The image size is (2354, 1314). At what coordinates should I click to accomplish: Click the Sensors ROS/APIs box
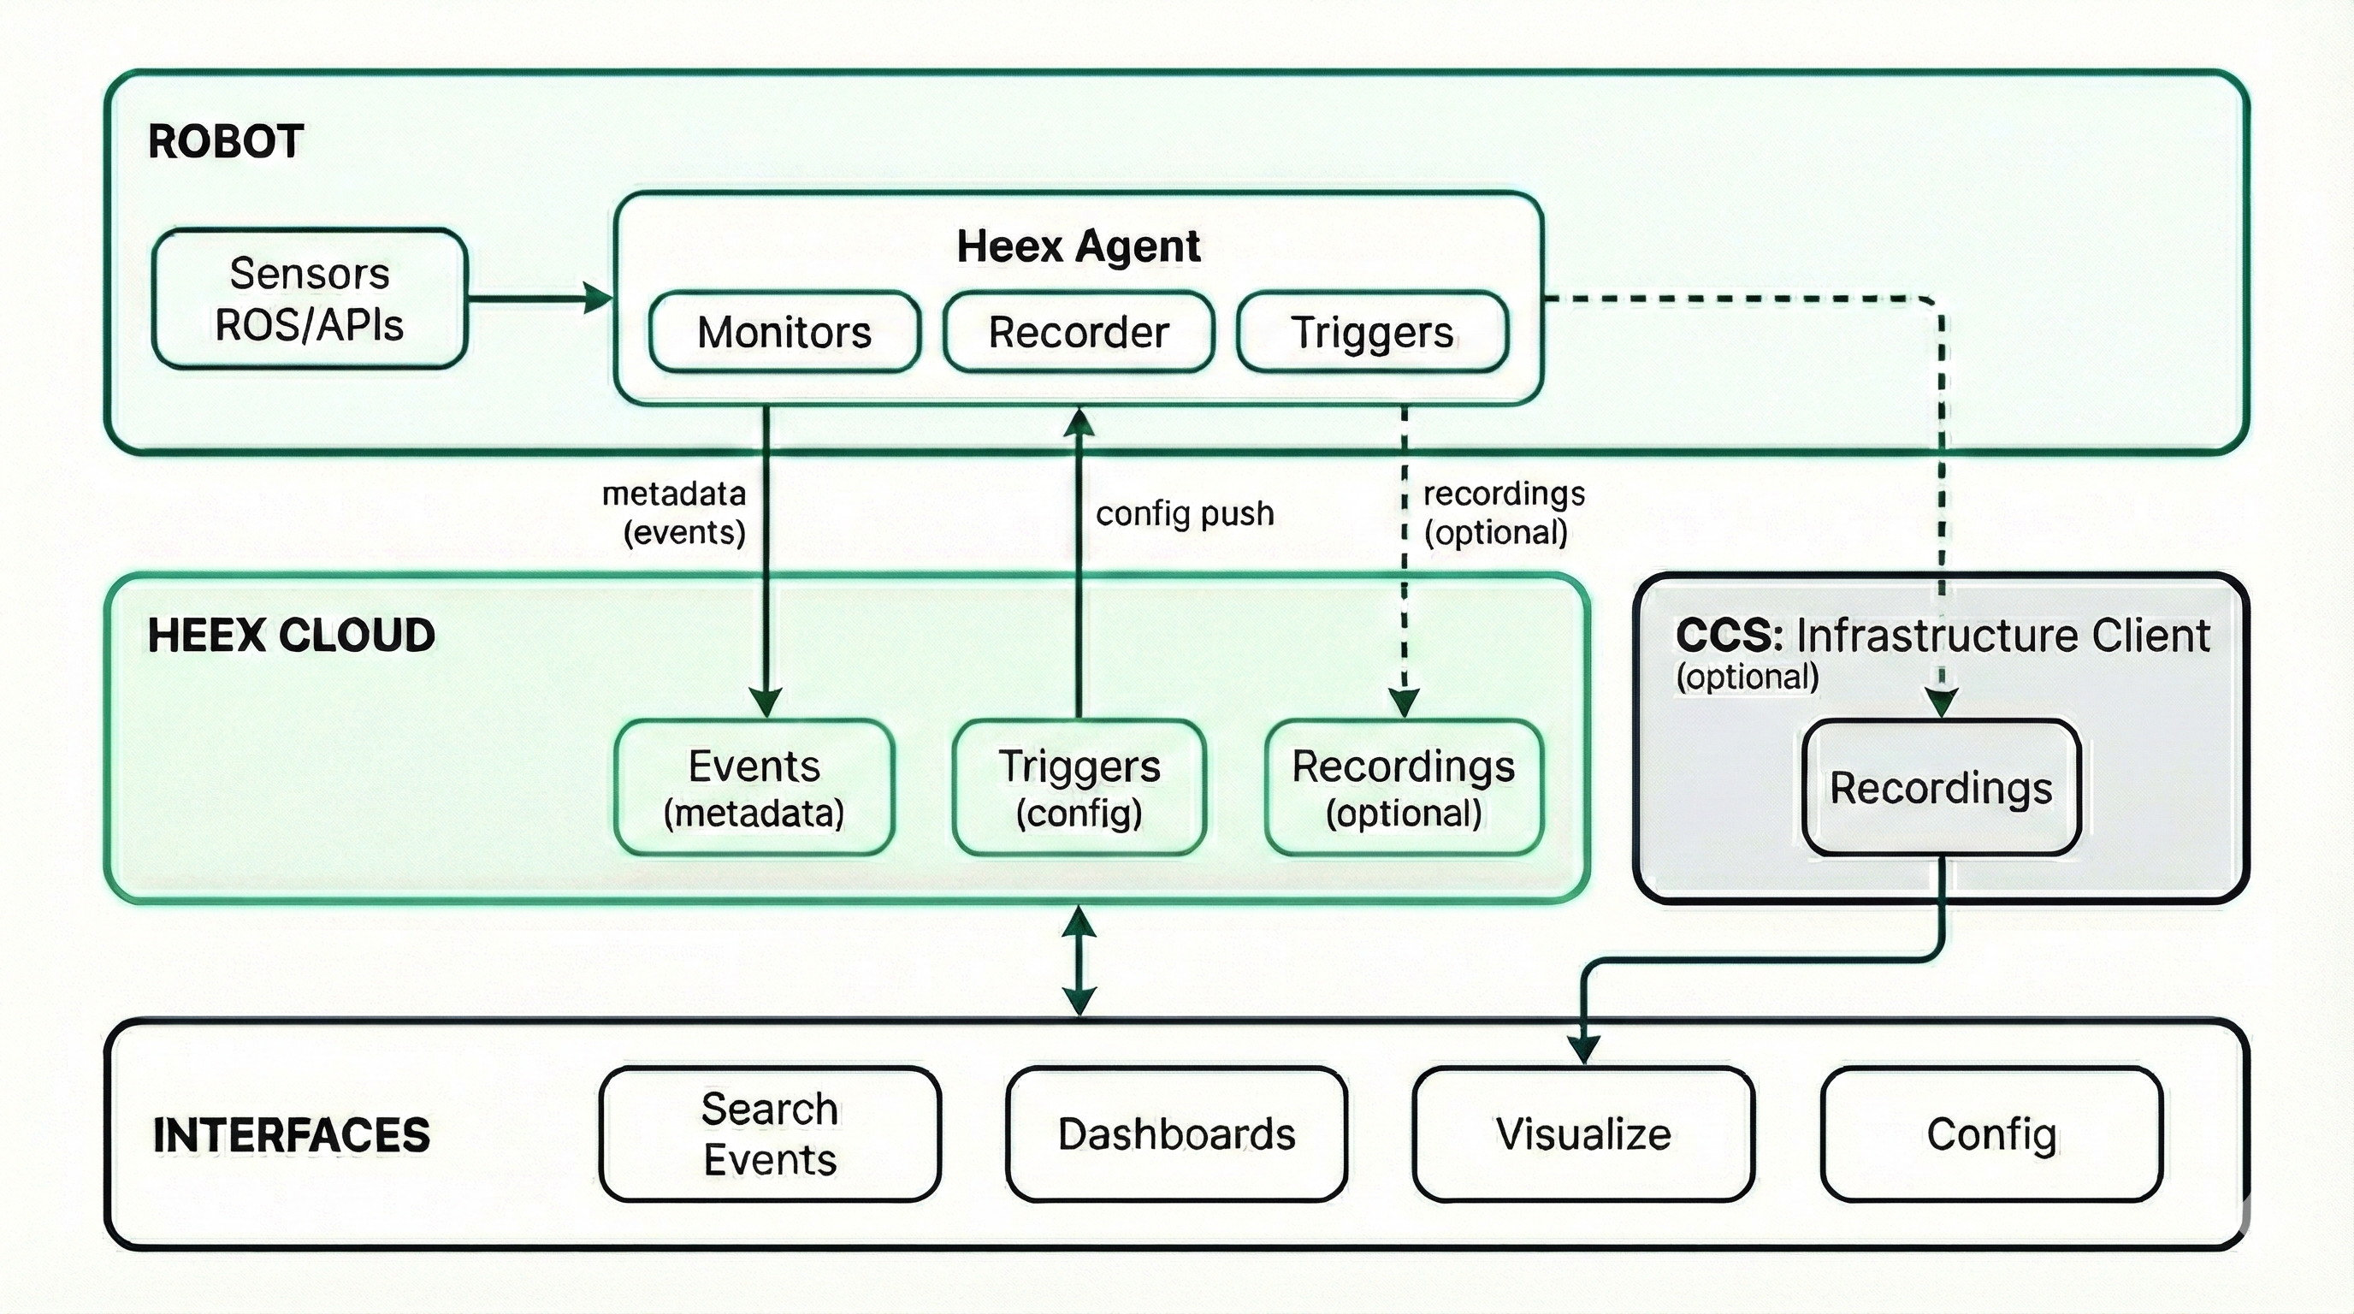click(x=309, y=299)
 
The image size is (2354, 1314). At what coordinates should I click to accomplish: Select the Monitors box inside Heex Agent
click(x=784, y=332)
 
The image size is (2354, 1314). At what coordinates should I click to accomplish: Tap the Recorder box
click(x=1079, y=332)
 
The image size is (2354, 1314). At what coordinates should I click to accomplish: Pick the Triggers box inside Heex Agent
click(x=1372, y=332)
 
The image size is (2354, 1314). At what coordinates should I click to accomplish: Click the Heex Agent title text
click(x=1079, y=246)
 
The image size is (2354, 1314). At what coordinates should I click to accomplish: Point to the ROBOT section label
click(x=226, y=142)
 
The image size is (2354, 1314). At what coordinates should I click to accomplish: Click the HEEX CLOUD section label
click(x=291, y=635)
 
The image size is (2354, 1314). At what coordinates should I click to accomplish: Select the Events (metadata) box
click(x=754, y=788)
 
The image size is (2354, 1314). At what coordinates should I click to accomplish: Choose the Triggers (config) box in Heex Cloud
click(x=1079, y=788)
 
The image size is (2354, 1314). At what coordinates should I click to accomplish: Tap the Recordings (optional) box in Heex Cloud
click(x=1404, y=788)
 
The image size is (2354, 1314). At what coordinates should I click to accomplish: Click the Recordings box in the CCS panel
click(x=1941, y=788)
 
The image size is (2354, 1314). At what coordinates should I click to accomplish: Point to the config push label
click(x=1185, y=513)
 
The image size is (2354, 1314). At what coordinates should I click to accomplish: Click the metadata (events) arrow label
click(x=677, y=512)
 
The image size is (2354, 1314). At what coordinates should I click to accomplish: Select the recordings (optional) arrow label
click(x=1502, y=512)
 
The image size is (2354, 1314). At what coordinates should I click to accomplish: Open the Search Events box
click(x=770, y=1134)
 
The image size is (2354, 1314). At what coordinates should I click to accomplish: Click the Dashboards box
click(x=1176, y=1134)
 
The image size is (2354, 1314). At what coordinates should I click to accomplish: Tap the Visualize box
click(x=1582, y=1134)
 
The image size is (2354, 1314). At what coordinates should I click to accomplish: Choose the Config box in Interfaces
click(x=1991, y=1134)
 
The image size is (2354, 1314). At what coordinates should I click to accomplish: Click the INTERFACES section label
click(x=291, y=1135)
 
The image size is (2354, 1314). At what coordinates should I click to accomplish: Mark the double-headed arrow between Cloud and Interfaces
click(x=1079, y=962)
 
